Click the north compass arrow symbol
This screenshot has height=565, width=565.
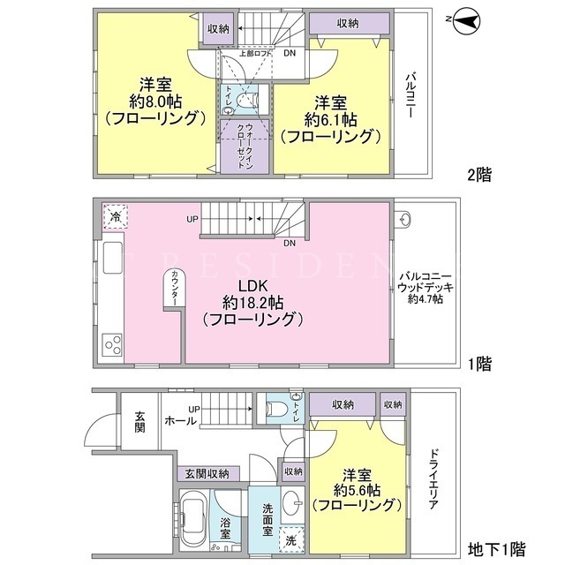click(466, 21)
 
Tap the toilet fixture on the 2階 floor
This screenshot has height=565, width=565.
click(247, 100)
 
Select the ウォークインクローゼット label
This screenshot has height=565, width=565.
click(245, 146)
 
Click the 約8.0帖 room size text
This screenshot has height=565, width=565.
click(155, 102)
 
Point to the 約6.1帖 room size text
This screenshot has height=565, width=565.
click(331, 120)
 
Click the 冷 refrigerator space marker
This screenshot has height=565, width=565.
click(116, 216)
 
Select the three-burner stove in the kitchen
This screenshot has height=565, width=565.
click(112, 344)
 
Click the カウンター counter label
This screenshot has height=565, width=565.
click(175, 289)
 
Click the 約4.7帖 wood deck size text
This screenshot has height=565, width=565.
click(426, 299)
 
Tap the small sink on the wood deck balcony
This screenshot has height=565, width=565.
click(406, 219)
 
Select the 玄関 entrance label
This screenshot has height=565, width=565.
click(139, 422)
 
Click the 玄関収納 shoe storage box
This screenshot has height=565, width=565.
click(208, 473)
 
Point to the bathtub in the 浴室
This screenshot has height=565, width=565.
click(194, 519)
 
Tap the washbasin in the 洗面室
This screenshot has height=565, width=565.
click(292, 502)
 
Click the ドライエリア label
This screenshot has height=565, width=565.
click(433, 478)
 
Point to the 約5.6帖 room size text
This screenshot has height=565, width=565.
click(357, 491)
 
